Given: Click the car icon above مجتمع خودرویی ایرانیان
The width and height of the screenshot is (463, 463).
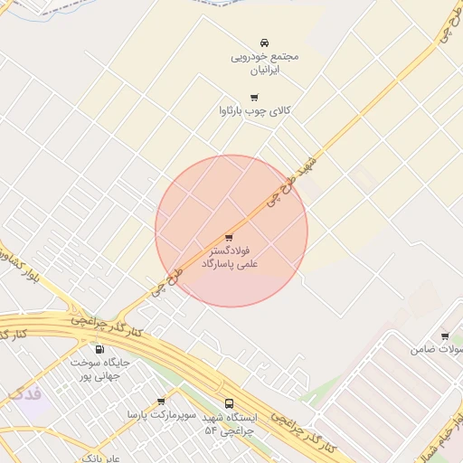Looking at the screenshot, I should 264,43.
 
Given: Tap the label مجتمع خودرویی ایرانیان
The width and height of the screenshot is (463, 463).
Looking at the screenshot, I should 264,61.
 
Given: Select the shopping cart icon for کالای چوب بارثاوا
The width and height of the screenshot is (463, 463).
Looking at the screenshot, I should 254,97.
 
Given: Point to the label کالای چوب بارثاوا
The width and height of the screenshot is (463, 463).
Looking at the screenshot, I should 254,110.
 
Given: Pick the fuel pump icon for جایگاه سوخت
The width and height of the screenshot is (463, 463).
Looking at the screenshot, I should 99,349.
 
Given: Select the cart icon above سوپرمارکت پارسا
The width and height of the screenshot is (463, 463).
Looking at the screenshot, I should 161,401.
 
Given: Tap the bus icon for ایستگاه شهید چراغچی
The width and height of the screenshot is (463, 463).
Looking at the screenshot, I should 228,403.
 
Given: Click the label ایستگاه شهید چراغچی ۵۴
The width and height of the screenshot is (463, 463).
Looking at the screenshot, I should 231,423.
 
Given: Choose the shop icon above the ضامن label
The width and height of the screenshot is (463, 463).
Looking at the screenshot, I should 444,336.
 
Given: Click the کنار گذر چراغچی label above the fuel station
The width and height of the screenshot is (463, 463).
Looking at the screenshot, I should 106,326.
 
